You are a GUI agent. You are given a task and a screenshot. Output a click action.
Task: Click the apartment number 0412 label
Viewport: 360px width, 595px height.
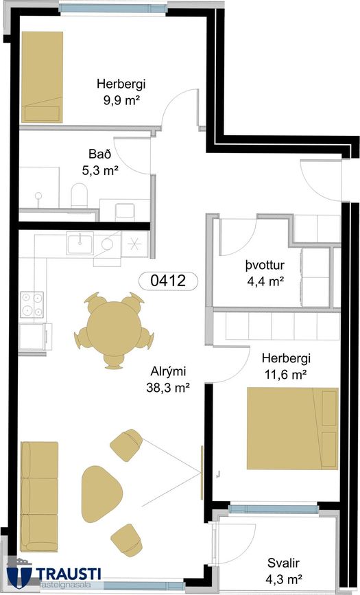click(x=169, y=281)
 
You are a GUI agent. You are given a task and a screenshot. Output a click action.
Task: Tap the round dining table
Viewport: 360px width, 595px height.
click(x=114, y=329)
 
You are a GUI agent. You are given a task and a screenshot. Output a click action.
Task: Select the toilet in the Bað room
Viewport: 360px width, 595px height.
click(x=79, y=196)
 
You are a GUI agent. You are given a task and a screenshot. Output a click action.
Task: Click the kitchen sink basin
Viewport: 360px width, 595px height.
click(x=80, y=243)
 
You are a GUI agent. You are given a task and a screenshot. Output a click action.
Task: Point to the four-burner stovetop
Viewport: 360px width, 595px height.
click(x=32, y=304)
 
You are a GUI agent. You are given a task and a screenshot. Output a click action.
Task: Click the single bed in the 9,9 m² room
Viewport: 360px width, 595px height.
click(x=42, y=77)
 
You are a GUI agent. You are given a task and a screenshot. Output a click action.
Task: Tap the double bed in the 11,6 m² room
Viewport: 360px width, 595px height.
click(x=293, y=428)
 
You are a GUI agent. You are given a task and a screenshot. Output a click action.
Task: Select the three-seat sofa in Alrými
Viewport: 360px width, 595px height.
click(x=39, y=496)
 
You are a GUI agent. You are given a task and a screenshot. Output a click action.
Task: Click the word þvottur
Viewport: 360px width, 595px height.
click(x=265, y=265)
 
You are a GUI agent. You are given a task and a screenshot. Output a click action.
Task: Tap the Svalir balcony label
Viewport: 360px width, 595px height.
click(x=284, y=563)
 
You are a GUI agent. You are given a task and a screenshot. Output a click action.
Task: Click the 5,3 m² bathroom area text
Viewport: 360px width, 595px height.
click(x=101, y=170)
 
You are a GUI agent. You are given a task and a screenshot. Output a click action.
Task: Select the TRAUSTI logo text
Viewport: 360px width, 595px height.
click(x=69, y=572)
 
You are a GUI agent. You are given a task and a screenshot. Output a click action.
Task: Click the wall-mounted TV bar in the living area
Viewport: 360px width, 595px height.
click(x=202, y=472)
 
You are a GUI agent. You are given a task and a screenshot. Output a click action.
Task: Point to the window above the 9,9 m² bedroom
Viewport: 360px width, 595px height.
click(x=113, y=8)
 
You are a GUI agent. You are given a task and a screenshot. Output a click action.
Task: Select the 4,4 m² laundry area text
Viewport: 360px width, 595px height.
click(x=265, y=281)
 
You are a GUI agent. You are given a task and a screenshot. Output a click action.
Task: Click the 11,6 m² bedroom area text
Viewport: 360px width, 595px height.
click(x=285, y=375)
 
